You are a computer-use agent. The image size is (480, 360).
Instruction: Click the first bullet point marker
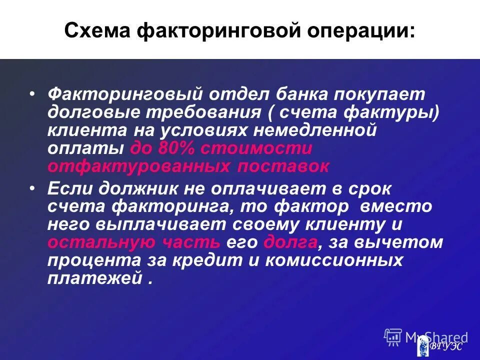coord(32,94)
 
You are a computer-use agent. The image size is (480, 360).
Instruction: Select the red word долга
coord(290,243)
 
